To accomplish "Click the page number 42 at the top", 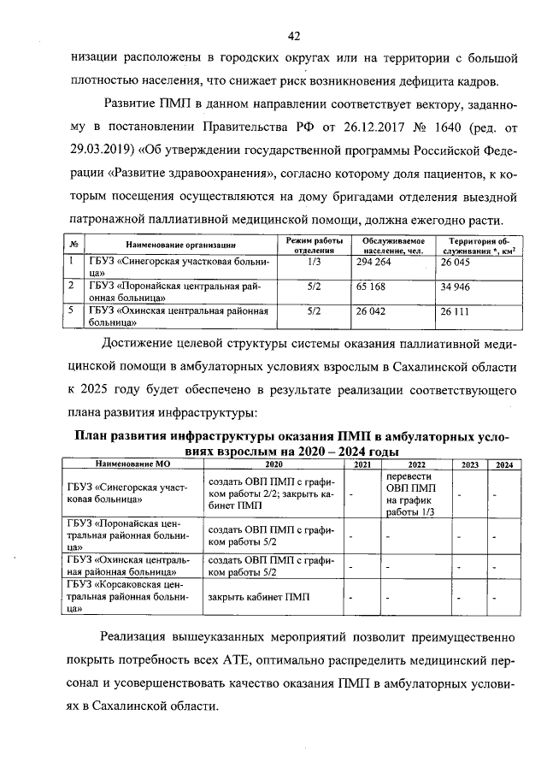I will pyautogui.click(x=293, y=36).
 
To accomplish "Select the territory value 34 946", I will pyautogui.click(x=458, y=288).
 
